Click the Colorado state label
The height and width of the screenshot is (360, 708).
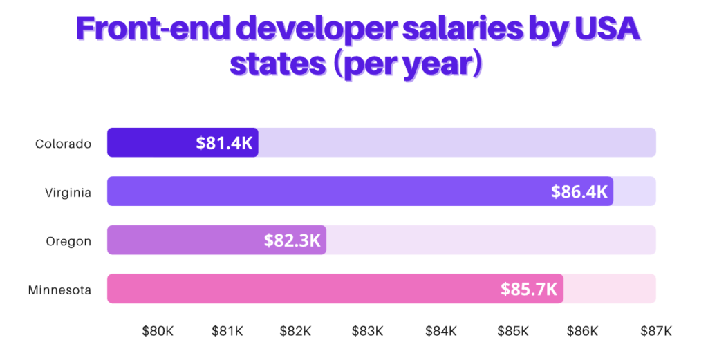(64, 144)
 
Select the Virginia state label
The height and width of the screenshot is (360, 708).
(68, 193)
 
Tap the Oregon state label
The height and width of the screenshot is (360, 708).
(69, 241)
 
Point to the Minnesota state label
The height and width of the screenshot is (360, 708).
(60, 290)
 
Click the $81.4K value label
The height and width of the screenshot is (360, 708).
(225, 143)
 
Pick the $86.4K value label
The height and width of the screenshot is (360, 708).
(579, 191)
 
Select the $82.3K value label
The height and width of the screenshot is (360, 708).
(292, 240)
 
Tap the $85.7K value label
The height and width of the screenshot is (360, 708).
(529, 289)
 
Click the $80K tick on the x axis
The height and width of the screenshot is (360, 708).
(158, 331)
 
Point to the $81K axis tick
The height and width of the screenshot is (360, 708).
(227, 331)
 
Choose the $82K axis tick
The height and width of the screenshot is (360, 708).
(296, 331)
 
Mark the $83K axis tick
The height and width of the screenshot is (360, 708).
(367, 331)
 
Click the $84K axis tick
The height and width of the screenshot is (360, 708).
(440, 331)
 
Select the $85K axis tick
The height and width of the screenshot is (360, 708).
(513, 331)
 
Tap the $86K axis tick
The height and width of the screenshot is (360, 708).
(582, 331)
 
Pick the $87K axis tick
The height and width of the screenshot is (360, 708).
(655, 331)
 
